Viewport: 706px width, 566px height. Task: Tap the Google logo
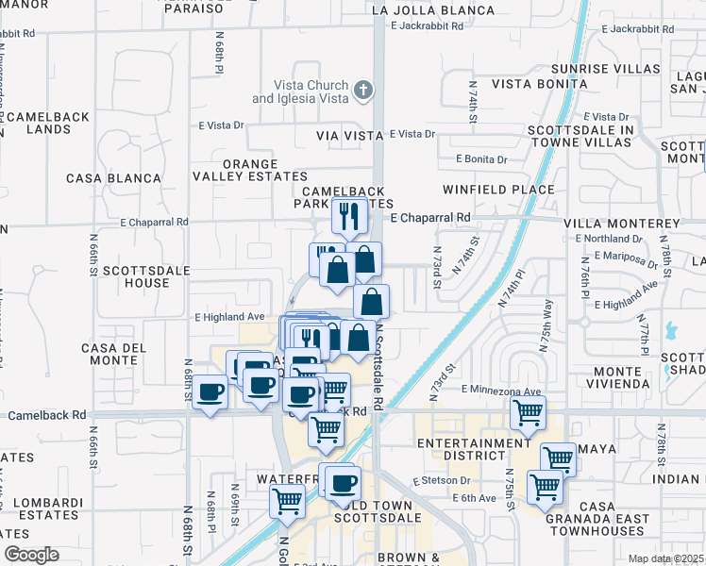(x=31, y=555)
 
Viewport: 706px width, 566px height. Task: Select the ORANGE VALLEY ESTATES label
(x=250, y=170)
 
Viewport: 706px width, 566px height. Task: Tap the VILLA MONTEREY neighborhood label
(x=621, y=224)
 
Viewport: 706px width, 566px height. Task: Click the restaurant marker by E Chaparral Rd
(x=349, y=216)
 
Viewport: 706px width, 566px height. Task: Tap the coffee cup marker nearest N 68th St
(x=210, y=391)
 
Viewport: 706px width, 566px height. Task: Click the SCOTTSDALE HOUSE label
(x=135, y=276)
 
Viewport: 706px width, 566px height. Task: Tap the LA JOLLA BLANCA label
(x=433, y=10)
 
